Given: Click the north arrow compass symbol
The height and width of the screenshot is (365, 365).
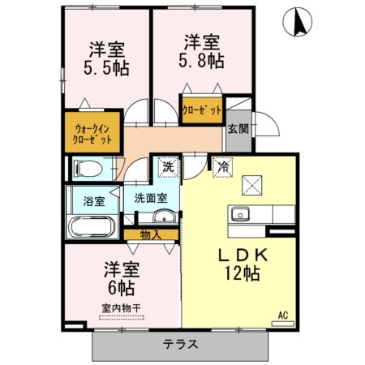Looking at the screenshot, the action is tap(298, 22).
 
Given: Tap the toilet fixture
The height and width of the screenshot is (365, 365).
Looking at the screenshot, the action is tap(88, 169).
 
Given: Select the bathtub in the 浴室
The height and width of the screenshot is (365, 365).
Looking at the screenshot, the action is tap(92, 226).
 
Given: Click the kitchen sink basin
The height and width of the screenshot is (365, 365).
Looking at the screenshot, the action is tap(239, 214).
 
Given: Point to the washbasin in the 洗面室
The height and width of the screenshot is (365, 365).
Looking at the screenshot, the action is tap(164, 216).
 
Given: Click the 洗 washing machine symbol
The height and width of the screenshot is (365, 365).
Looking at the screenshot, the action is tap(168, 167).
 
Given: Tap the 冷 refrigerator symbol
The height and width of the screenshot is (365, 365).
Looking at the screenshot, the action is tap(223, 167).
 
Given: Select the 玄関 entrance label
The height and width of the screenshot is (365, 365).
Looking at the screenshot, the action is tap(238, 129).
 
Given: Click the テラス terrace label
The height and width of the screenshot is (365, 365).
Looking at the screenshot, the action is tap(181, 345).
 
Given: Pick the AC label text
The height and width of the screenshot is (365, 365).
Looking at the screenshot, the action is tap(283, 316).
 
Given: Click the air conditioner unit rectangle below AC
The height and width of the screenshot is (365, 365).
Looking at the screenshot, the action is tap(283, 324).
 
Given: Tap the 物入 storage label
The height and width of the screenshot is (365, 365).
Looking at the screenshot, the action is tap(151, 235).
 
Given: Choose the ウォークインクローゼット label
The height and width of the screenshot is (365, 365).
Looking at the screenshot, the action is tap(92, 134).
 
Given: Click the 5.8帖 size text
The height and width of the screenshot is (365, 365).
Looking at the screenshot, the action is tap(201, 61).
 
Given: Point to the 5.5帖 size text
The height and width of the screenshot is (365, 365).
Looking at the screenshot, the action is tap(106, 68).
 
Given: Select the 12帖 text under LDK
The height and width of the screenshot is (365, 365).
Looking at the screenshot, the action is tap(242, 273).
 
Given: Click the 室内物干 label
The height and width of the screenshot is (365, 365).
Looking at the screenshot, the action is tap(122, 308).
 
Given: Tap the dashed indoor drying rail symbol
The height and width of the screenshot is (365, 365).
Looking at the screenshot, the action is tap(122, 318).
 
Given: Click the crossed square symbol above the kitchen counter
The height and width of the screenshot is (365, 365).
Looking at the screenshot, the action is tap(252, 186).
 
